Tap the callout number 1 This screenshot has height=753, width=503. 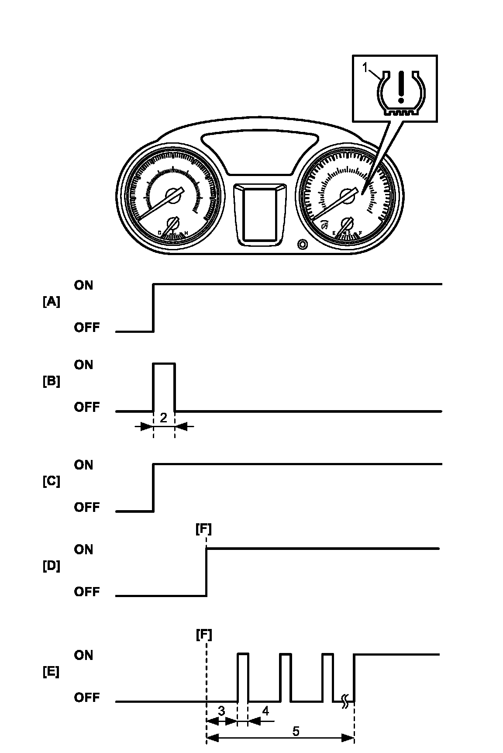pyautogui.click(x=366, y=68)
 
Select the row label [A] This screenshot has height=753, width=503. pyautogui.click(x=51, y=302)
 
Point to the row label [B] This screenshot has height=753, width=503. pyautogui.click(x=51, y=381)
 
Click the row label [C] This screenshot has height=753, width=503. pyautogui.click(x=51, y=482)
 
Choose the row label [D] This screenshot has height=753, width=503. pyautogui.click(x=51, y=566)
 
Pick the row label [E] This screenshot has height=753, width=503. pyautogui.click(x=51, y=672)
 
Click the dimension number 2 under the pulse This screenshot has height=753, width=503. pyautogui.click(x=163, y=418)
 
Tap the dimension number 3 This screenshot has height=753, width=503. pyautogui.click(x=221, y=711)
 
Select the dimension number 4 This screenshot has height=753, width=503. pyautogui.click(x=265, y=711)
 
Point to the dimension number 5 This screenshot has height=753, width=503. pyautogui.click(x=296, y=731)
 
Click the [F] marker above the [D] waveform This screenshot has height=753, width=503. pyautogui.click(x=203, y=529)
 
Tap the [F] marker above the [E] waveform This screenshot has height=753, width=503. pyautogui.click(x=203, y=634)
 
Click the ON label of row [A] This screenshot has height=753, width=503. pyautogui.click(x=83, y=285)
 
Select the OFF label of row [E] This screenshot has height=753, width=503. pyautogui.click(x=86, y=697)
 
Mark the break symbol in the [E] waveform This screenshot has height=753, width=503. pyautogui.click(x=344, y=701)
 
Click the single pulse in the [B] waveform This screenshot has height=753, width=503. pyautogui.click(x=164, y=386)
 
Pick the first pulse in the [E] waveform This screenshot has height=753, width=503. pyautogui.click(x=243, y=677)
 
